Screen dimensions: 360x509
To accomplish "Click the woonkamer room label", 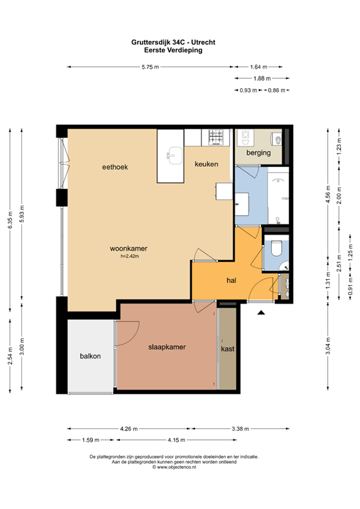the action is point(129,249).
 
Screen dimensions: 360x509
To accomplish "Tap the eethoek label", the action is point(115,167).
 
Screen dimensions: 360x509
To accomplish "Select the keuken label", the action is point(206,164).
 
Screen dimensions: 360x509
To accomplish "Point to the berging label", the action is point(259,152).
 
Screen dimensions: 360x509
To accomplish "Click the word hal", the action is point(231,280).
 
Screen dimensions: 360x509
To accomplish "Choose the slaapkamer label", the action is point(167,347).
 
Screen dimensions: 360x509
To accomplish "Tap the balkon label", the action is point(90,356).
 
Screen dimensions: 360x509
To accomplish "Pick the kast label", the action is point(227,349).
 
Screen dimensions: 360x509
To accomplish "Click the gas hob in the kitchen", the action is point(216,137).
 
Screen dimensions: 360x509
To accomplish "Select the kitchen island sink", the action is point(174,156).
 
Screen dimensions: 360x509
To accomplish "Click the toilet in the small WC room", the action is point(276,249).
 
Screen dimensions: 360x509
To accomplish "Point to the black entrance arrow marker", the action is point(261,312).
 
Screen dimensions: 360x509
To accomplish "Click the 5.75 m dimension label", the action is point(150,67).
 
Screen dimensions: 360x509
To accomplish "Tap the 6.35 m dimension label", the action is point(10,220).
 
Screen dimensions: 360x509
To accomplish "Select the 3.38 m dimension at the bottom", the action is point(241,429).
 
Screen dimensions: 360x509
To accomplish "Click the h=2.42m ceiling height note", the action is point(129,256).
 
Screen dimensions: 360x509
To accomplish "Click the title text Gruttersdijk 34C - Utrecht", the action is point(173,42).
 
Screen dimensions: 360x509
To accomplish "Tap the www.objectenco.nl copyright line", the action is point(174,467).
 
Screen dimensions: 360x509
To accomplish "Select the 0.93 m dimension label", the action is point(249,91).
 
